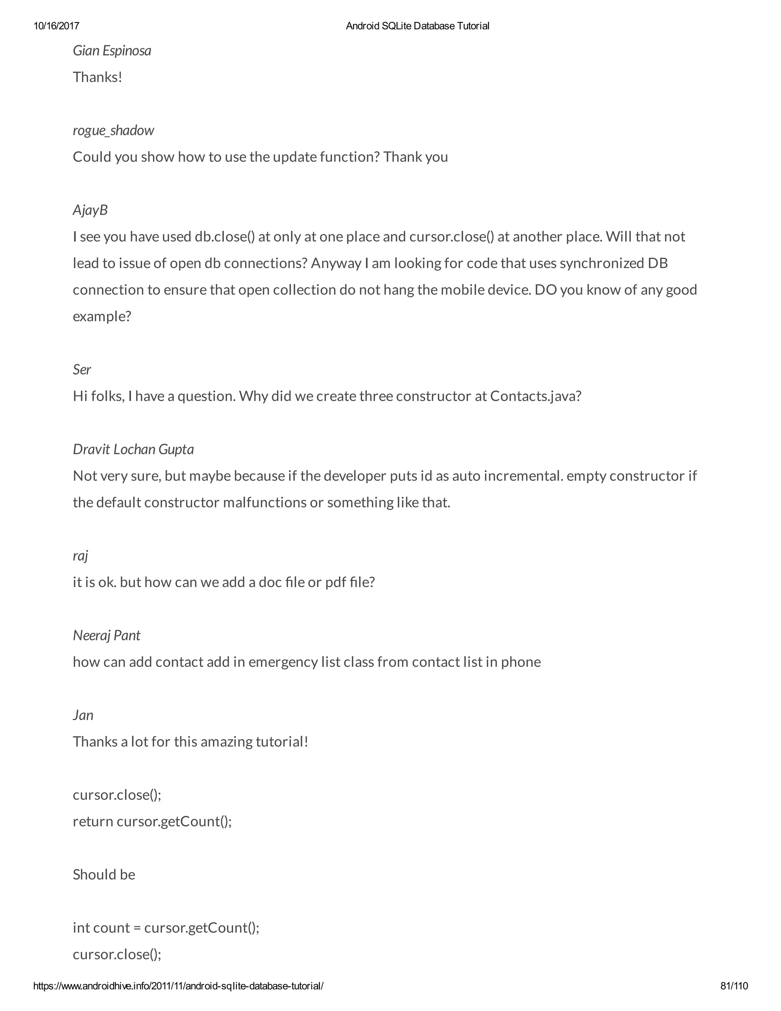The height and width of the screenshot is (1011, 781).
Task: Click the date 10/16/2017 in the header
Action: (x=56, y=26)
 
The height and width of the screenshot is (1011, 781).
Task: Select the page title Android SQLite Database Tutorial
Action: (x=417, y=26)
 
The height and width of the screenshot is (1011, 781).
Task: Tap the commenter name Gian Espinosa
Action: (x=112, y=50)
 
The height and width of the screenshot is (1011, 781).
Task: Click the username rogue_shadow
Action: (x=113, y=130)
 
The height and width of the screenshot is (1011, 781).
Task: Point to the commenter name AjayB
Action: (x=90, y=210)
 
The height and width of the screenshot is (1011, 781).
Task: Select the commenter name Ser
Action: (x=82, y=369)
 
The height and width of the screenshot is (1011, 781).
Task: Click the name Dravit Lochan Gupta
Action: (x=133, y=449)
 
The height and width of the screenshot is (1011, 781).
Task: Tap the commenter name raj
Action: (x=80, y=555)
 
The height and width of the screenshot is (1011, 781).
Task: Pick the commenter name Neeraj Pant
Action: (x=106, y=635)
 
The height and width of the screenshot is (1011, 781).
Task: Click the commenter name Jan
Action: (x=83, y=715)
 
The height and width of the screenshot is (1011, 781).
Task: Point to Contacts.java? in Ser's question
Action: (x=535, y=396)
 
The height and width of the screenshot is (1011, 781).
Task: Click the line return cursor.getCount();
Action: (x=152, y=821)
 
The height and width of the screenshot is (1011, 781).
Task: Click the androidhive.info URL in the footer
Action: (x=178, y=986)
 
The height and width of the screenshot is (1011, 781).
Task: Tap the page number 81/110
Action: (x=734, y=986)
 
